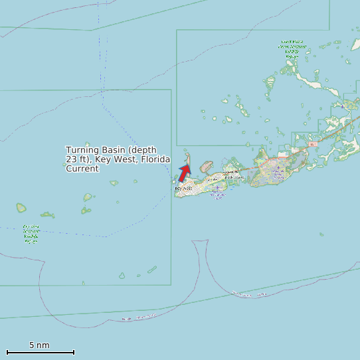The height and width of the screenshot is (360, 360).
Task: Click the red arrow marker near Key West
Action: [184, 173]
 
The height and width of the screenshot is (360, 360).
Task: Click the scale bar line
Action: [40, 352]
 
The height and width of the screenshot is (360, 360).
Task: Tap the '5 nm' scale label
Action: [39, 345]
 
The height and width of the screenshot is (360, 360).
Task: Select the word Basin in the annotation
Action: [110, 151]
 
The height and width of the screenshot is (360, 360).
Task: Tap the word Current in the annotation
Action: [82, 169]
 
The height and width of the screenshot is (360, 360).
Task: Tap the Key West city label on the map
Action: [183, 189]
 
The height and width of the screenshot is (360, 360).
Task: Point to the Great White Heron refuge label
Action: [292, 50]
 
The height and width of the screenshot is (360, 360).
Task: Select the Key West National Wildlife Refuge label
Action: [31, 234]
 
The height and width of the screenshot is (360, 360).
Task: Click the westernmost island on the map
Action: [21, 208]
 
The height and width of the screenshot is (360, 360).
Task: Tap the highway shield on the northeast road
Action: [313, 144]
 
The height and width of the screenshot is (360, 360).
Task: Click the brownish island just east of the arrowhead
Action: [205, 165]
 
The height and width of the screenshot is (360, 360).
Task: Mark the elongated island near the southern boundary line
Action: [151, 270]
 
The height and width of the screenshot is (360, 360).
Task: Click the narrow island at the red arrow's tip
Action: [188, 159]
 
